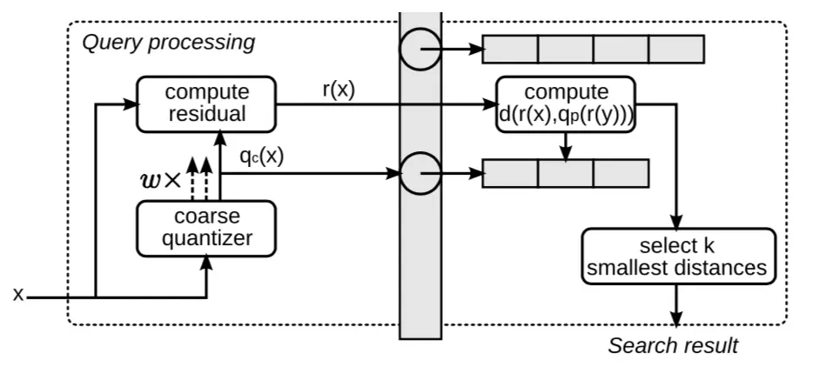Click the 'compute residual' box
206,103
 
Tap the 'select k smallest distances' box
678,256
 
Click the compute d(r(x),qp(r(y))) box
566,103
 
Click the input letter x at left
17,296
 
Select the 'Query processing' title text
168,42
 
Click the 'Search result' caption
673,345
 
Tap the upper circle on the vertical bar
421,50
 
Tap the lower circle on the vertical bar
421,173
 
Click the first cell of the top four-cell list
511,49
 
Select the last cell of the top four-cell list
676,49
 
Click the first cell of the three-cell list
511,173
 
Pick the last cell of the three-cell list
621,173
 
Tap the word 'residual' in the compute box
206,114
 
